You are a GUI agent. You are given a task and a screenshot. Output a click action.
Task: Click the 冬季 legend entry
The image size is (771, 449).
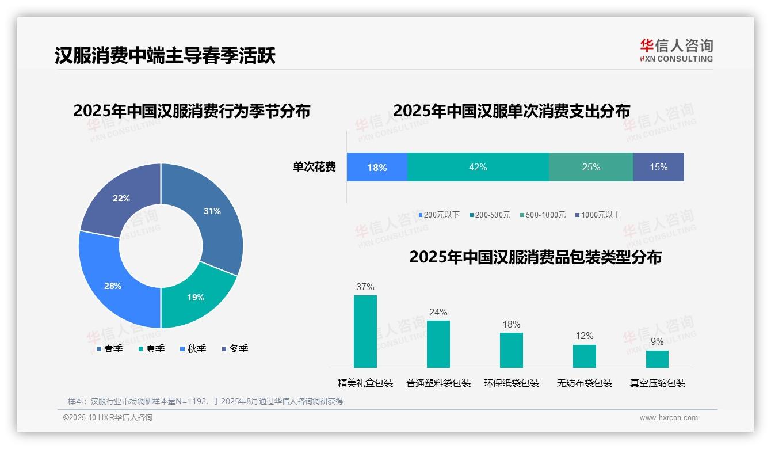point(235,348)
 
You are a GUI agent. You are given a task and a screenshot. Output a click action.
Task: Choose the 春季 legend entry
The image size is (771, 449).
point(109,348)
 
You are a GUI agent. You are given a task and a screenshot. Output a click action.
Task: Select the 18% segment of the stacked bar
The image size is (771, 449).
point(377,168)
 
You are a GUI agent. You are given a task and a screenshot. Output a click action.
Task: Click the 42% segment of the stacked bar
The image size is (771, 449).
point(478,168)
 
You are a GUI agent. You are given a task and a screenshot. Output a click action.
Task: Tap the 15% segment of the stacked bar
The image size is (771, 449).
point(658,168)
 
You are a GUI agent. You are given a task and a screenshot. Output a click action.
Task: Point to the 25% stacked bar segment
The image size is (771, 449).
point(591,168)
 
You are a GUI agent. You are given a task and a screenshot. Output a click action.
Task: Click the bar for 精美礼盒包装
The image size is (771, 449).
point(365,332)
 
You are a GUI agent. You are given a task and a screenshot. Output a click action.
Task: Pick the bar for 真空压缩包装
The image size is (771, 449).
point(657,359)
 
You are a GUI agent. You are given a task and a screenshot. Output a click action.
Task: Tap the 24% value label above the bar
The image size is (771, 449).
point(438,313)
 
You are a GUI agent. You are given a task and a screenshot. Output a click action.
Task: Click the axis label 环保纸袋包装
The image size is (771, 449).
point(512,383)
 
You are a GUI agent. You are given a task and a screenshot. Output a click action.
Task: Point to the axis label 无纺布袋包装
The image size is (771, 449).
point(585,383)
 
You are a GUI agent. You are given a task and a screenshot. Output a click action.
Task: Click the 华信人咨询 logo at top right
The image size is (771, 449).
point(676,50)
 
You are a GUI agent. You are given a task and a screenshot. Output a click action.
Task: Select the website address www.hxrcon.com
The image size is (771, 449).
point(668,418)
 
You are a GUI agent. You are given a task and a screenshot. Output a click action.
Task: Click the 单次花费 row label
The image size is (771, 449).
point(314,168)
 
